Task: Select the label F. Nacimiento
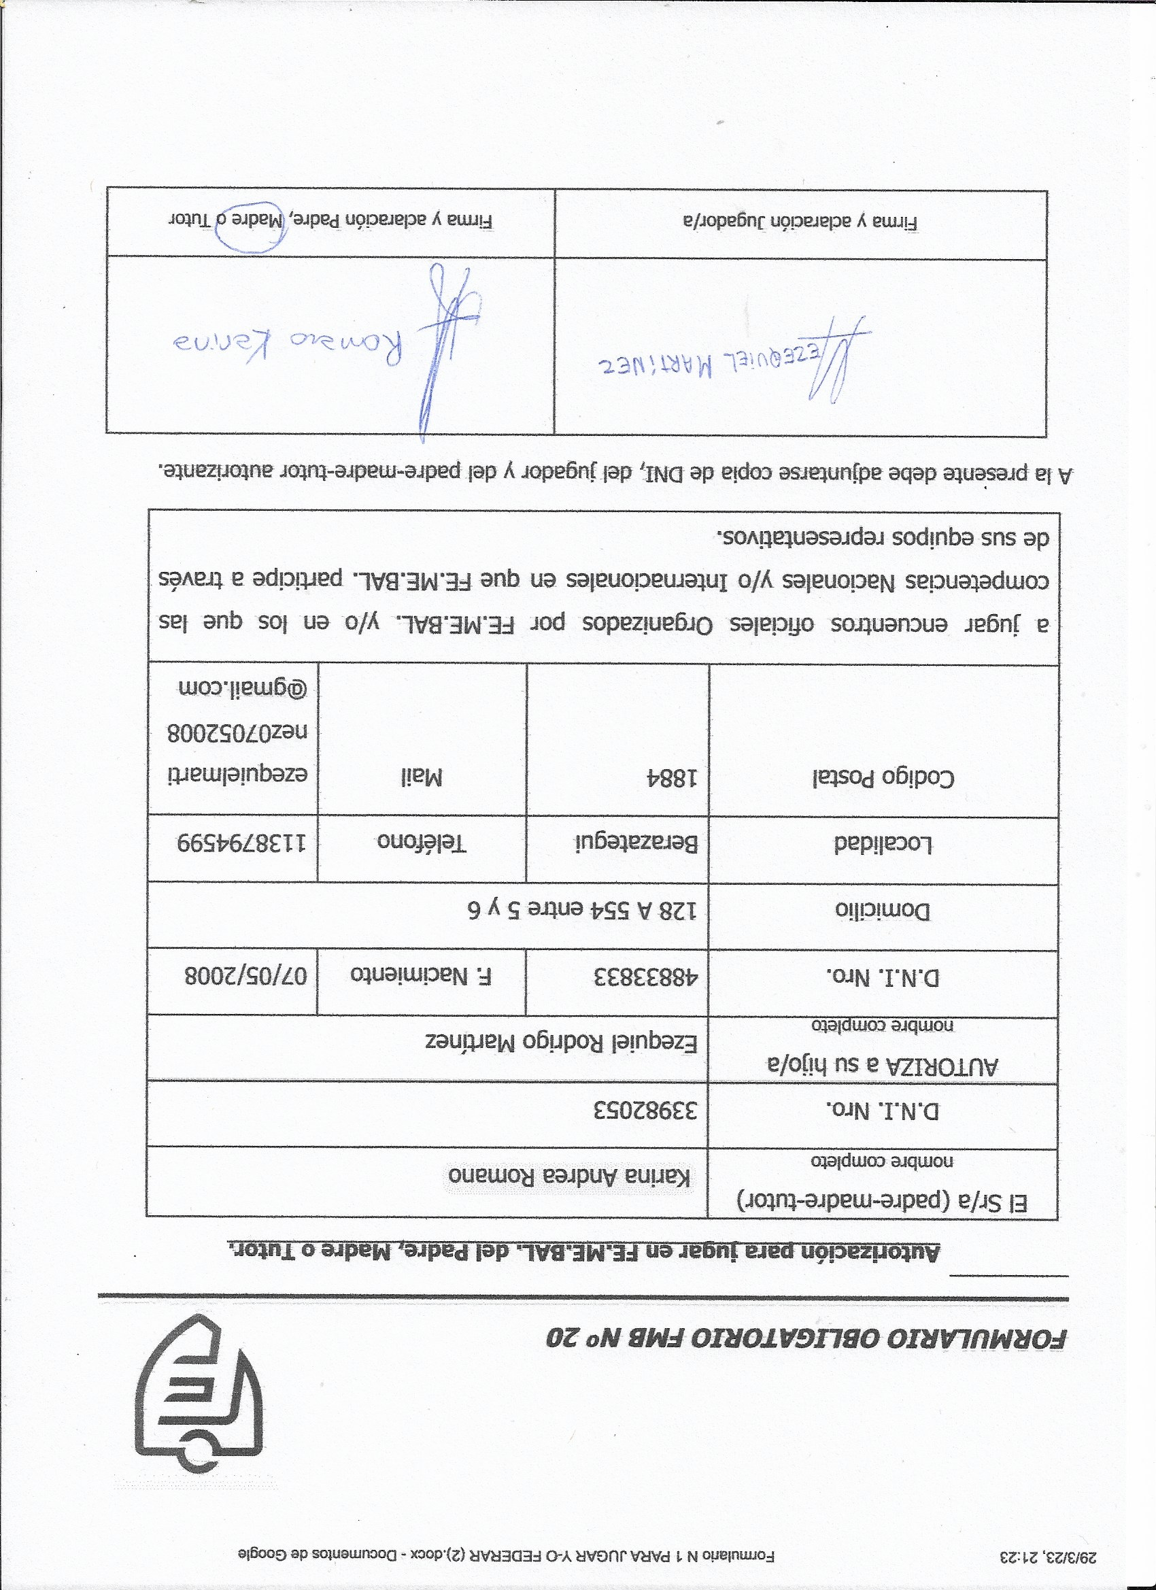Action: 420,976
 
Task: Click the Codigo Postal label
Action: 883,778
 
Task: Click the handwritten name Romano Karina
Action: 288,345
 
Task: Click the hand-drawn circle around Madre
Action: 250,229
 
